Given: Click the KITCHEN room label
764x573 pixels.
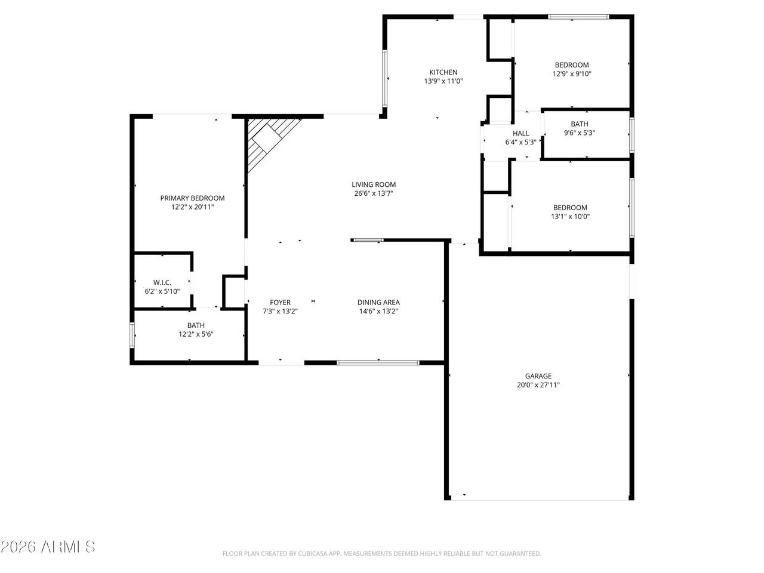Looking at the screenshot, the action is pyautogui.click(x=443, y=72).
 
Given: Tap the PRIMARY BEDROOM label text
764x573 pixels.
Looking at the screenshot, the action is pyautogui.click(x=192, y=198).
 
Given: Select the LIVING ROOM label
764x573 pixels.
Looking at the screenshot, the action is pyautogui.click(x=374, y=185).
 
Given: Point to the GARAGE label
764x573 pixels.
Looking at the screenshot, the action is pyautogui.click(x=538, y=376).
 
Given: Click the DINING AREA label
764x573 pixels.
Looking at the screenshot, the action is pyautogui.click(x=378, y=303).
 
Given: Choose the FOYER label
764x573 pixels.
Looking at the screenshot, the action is pyautogui.click(x=280, y=303).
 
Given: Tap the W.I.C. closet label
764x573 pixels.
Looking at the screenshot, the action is pyautogui.click(x=162, y=282).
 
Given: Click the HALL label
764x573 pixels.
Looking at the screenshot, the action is pyautogui.click(x=520, y=134).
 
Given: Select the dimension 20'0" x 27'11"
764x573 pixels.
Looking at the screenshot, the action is pyautogui.click(x=538, y=385).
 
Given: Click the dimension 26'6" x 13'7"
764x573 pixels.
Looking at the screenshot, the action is pyautogui.click(x=374, y=193).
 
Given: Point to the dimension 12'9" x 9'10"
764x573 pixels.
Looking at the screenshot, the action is pyautogui.click(x=572, y=74).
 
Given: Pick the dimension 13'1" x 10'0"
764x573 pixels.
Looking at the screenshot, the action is pyautogui.click(x=570, y=217).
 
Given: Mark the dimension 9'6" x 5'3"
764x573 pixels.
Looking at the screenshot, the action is pyautogui.click(x=580, y=133).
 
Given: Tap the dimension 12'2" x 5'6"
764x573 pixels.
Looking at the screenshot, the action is pyautogui.click(x=196, y=334).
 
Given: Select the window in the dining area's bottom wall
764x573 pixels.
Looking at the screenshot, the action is pyautogui.click(x=378, y=363).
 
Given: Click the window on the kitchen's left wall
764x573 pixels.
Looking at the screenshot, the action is pyautogui.click(x=384, y=79).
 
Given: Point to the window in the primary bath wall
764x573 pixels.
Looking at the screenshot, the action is pyautogui.click(x=133, y=335).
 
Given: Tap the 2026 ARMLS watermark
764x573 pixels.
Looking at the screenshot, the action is pyautogui.click(x=48, y=547).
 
